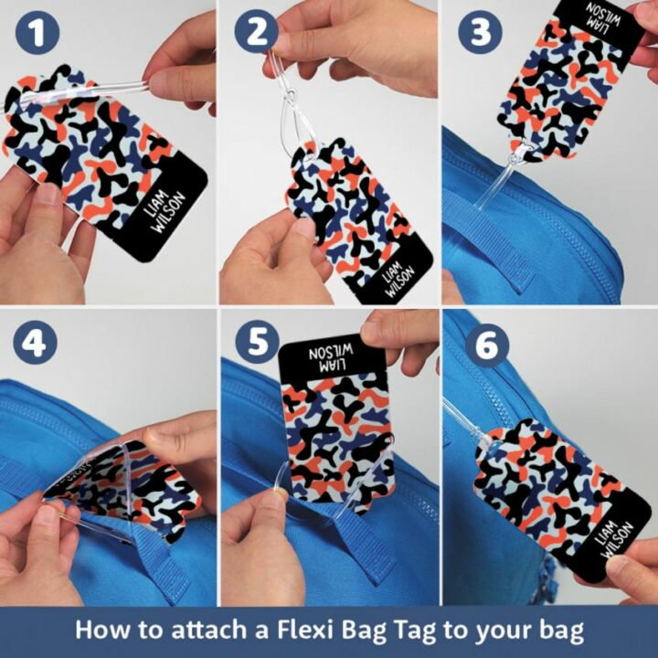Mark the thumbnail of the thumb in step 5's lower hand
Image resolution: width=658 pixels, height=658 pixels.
271,499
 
